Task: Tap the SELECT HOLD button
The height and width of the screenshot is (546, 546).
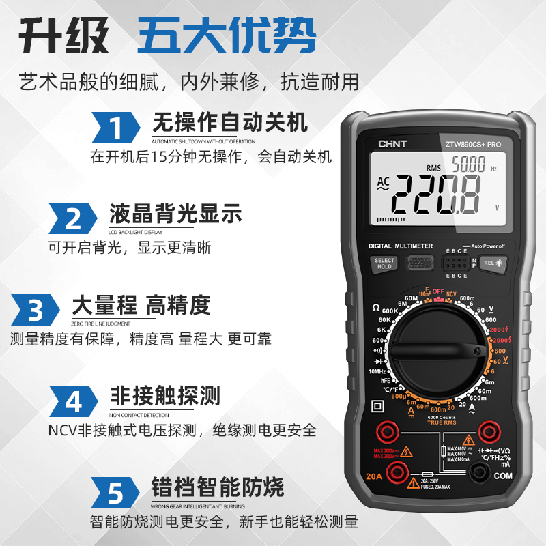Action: point(384,263)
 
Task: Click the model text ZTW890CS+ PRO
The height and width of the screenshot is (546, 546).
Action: point(473,145)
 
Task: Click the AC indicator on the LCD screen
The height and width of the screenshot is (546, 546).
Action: point(383,185)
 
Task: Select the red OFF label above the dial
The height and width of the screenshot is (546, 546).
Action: point(437,291)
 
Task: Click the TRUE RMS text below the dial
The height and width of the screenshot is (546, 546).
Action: point(442,423)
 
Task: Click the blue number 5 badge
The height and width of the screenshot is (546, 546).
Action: point(116,491)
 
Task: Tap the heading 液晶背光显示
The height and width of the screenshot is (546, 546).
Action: point(175,214)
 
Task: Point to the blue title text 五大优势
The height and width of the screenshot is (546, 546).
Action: point(227,35)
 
